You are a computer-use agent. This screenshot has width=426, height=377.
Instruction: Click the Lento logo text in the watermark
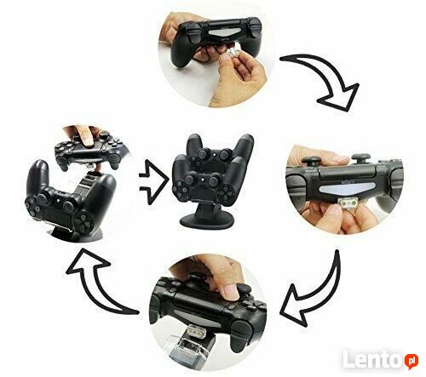click(374, 360)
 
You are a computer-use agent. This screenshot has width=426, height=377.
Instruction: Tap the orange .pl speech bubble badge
click(412, 361)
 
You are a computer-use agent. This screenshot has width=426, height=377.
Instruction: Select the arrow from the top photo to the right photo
click(326, 82)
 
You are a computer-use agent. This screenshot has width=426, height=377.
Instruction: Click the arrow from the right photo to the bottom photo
click(315, 291)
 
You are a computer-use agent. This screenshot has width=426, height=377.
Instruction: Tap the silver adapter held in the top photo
click(232, 53)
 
